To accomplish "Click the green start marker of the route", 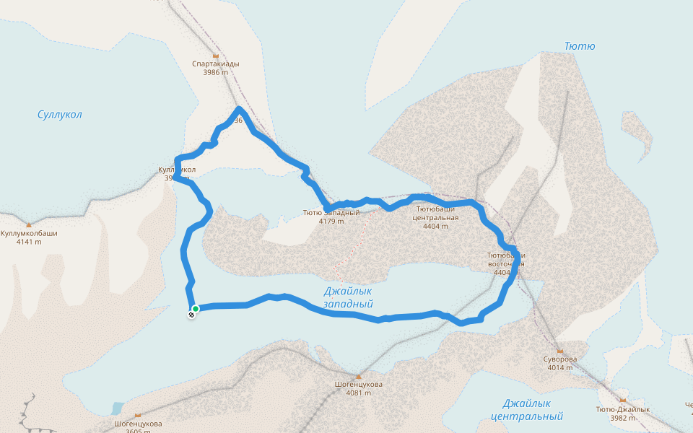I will [196, 309].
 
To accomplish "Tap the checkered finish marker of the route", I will [192, 314].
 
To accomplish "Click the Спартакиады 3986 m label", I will [216, 68].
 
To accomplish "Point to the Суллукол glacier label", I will [60, 115].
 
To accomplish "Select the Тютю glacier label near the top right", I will [580, 46].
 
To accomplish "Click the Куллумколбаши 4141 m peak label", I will [29, 237].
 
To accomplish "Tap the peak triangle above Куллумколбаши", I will [29, 225].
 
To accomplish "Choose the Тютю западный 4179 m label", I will [331, 216].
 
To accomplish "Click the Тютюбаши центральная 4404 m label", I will [435, 216].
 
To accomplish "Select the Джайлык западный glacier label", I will [348, 297].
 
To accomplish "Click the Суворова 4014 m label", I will [559, 363].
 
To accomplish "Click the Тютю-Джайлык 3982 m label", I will [622, 413].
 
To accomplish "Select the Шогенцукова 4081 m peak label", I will [359, 388].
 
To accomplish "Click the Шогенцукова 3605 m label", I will [138, 427].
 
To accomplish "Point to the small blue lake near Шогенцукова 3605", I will [117, 409].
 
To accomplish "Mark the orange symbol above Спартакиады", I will [216, 55].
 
